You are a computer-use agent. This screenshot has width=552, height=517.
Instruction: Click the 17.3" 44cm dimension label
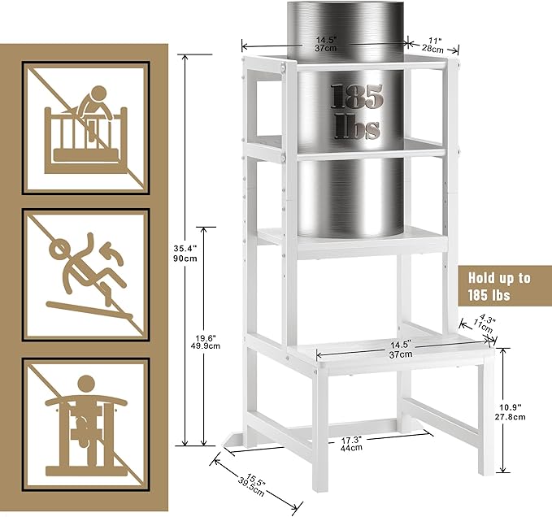[350, 444]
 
